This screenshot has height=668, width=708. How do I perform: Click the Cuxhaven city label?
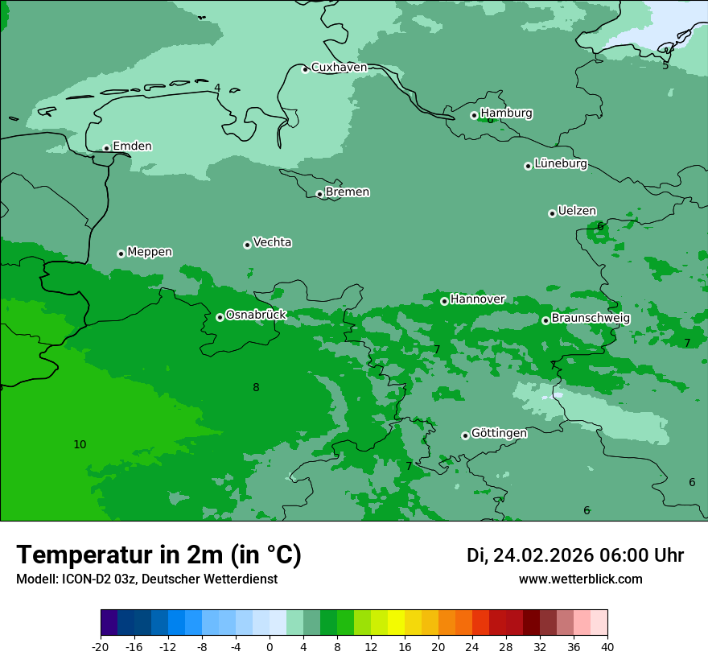339,68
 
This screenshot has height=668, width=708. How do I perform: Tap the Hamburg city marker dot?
474,115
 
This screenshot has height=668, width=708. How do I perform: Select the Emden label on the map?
132,146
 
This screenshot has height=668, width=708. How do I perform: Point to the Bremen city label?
348,192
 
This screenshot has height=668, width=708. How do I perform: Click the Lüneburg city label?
561,164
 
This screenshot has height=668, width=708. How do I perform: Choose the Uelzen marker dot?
552,213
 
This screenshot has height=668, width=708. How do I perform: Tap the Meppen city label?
150,252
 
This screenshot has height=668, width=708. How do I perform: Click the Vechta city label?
272,242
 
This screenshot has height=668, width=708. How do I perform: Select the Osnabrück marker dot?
220,317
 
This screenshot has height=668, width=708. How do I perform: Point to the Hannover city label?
477,299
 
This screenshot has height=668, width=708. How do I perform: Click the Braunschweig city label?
591,319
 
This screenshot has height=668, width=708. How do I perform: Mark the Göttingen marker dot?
465,435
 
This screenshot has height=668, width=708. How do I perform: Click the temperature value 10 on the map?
80,444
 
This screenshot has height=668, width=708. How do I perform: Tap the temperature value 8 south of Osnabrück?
256,387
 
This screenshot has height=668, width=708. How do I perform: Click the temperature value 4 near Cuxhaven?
217,88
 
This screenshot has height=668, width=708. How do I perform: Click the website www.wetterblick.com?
580,579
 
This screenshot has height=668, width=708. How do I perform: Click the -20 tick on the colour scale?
101,646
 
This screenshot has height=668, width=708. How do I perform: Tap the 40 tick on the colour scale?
607,646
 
